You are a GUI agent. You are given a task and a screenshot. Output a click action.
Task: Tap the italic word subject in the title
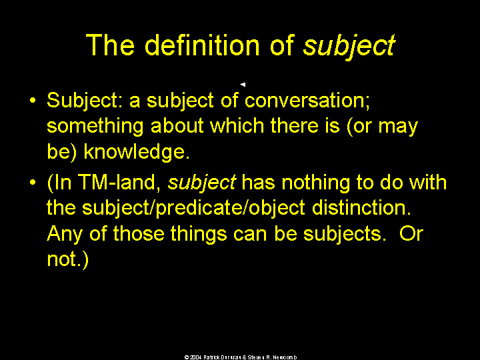(x=349, y=47)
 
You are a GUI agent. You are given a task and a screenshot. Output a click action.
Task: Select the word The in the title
(x=110, y=45)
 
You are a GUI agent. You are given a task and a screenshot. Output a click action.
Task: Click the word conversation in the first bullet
(x=307, y=101)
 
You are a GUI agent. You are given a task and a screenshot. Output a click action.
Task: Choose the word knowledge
(x=137, y=151)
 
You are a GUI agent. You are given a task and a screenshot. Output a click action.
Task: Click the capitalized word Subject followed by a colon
(x=85, y=101)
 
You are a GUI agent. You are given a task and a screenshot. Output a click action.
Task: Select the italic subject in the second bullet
(x=202, y=183)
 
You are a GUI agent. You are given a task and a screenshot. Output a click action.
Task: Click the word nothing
(x=315, y=183)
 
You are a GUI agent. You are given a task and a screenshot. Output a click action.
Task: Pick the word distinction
(x=361, y=208)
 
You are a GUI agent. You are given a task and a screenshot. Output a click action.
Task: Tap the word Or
(x=411, y=234)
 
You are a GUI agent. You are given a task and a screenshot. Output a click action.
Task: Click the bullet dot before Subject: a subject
(x=33, y=101)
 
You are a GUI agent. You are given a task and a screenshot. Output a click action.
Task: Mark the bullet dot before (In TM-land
(x=33, y=183)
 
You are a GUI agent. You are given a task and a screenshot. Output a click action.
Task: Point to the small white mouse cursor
(x=243, y=84)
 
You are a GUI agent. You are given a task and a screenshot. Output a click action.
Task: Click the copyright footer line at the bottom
(x=241, y=357)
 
